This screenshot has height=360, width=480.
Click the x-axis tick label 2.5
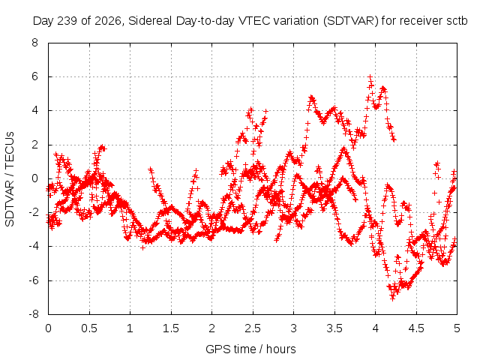(x=253, y=328)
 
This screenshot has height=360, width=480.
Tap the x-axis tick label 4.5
(x=416, y=328)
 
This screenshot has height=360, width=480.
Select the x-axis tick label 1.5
(x=171, y=328)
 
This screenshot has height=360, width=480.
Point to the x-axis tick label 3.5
(x=334, y=328)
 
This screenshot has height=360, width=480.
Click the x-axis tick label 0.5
(x=89, y=328)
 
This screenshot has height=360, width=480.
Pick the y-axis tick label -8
(x=34, y=314)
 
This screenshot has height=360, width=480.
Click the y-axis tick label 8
(x=35, y=43)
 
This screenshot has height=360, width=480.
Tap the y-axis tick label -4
(x=34, y=247)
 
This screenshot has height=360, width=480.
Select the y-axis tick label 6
(x=35, y=76)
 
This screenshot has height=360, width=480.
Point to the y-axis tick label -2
(x=34, y=212)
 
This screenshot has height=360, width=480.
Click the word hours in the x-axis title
(x=280, y=349)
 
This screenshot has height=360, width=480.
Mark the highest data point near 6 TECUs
(x=370, y=76)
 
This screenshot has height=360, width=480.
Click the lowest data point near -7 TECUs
(x=392, y=298)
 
